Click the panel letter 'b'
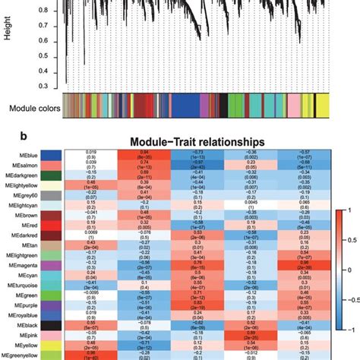pyautogui.click(x=7, y=137)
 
